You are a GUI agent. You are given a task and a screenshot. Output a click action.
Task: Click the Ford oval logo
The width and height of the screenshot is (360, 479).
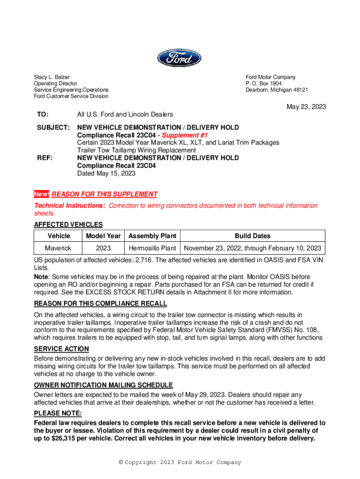coord(179,58)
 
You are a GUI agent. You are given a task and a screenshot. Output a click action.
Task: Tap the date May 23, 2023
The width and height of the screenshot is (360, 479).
coord(306,107)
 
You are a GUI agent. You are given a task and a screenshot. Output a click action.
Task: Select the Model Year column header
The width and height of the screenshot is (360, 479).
coord(103,236)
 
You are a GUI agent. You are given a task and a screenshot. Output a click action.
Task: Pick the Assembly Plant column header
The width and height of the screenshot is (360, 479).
coord(152,236)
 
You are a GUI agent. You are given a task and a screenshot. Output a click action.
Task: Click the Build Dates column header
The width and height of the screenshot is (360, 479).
coord(252,236)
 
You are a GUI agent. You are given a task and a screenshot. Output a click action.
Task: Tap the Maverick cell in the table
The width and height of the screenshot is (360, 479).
coord(58,248)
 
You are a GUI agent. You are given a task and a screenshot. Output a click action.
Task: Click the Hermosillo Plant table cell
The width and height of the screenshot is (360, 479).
coord(152,248)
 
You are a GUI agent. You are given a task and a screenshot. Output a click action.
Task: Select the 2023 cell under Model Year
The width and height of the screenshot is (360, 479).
coord(103,248)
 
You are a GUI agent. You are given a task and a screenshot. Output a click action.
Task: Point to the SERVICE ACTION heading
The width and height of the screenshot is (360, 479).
coord(61,349)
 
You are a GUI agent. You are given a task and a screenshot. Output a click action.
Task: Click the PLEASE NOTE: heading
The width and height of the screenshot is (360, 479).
coord(58,414)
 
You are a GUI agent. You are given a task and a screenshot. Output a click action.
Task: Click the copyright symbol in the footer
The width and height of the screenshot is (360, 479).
coord(121,463)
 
